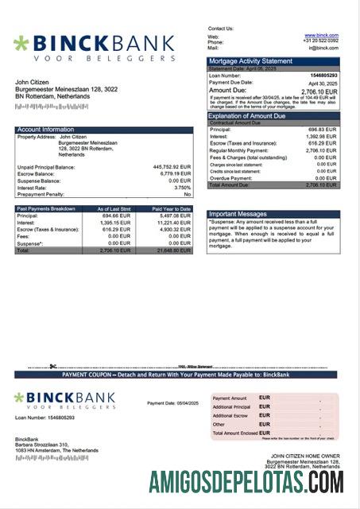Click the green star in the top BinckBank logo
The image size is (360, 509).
click(x=21, y=43)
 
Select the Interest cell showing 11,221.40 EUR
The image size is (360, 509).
click(x=175, y=223)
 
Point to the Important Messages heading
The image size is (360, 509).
click(x=238, y=214)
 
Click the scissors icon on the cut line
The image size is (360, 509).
click(x=52, y=367)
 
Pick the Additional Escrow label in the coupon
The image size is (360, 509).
click(x=230, y=415)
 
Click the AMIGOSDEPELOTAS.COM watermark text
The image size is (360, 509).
click(x=246, y=482)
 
